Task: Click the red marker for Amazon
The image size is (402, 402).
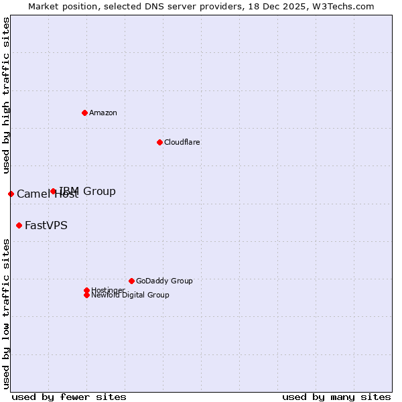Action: pyautogui.click(x=84, y=113)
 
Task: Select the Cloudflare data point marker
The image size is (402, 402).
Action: pyautogui.click(x=159, y=142)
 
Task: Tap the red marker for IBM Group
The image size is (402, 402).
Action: pyautogui.click(x=54, y=192)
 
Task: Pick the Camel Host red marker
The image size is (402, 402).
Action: pyautogui.click(x=11, y=194)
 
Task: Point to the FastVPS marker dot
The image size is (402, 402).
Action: pyautogui.click(x=19, y=225)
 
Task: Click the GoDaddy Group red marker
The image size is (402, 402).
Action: pyautogui.click(x=131, y=281)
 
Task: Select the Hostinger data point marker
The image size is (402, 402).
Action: pyautogui.click(x=86, y=290)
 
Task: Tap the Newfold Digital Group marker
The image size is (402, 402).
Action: pyautogui.click(x=86, y=295)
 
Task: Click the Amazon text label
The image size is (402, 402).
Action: pyautogui.click(x=103, y=113)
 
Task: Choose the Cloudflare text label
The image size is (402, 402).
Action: pyautogui.click(x=182, y=142)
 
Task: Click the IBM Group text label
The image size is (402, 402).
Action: pyautogui.click(x=88, y=192)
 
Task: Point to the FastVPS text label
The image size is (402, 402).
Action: pyautogui.click(x=46, y=225)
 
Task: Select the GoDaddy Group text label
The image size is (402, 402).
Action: pyautogui.click(x=164, y=281)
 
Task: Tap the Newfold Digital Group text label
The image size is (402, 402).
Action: pyautogui.click(x=131, y=295)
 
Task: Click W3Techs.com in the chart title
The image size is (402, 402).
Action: pyautogui.click(x=340, y=6)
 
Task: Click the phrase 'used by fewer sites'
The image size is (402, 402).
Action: pyautogui.click(x=69, y=397)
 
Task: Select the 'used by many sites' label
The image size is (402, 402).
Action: pyautogui.click(x=336, y=397)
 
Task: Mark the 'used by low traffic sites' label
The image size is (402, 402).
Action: pyautogui.click(x=6, y=313)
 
